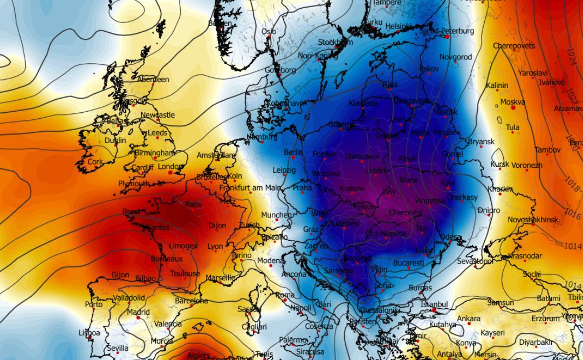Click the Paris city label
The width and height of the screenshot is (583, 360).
pyautogui.click(x=193, y=205)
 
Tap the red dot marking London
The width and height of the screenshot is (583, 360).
pyautogui.click(x=170, y=173)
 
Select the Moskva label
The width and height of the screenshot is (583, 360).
pyautogui.click(x=512, y=101)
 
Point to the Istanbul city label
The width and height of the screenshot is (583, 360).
pyautogui.click(x=434, y=304)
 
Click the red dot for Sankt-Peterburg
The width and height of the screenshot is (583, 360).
pyautogui.click(x=447, y=36)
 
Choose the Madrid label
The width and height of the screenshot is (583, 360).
pyautogui.click(x=138, y=312)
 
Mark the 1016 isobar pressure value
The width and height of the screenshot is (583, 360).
pyautogui.click(x=572, y=214)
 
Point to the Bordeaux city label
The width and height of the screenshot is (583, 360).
pyautogui.click(x=166, y=259)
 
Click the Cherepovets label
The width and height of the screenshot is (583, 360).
pyautogui.click(x=513, y=46)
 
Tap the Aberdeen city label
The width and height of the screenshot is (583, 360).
pyautogui.click(x=153, y=79)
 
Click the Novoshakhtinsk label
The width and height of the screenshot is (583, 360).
pyautogui.click(x=533, y=220)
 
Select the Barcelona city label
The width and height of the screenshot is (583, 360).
pyautogui.click(x=191, y=301)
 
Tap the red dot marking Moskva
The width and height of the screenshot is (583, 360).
pyautogui.click(x=512, y=108)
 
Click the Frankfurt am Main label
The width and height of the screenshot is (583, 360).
pyautogui.click(x=251, y=188)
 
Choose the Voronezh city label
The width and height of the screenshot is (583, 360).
pyautogui.click(x=527, y=165)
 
